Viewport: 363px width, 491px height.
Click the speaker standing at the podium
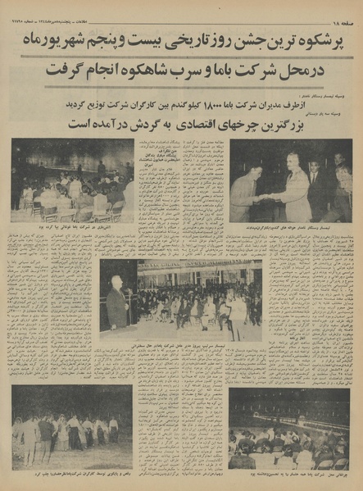point(118,304)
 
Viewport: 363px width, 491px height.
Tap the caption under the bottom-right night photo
point(291,475)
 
